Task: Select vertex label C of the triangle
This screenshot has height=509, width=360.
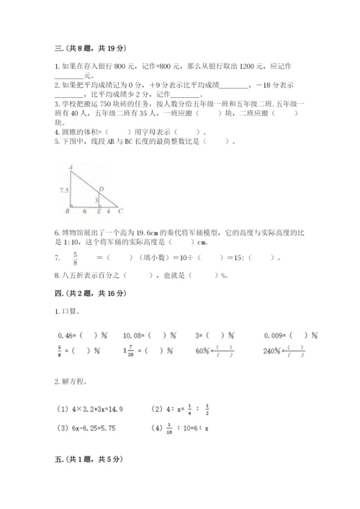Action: (120, 211)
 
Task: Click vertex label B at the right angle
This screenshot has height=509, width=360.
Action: (66, 212)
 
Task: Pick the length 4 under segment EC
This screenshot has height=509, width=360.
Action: (108, 212)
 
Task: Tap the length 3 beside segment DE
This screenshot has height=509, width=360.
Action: (96, 199)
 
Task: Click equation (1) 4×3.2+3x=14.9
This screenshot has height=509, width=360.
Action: (94, 408)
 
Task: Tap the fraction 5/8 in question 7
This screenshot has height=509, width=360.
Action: (74, 258)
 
